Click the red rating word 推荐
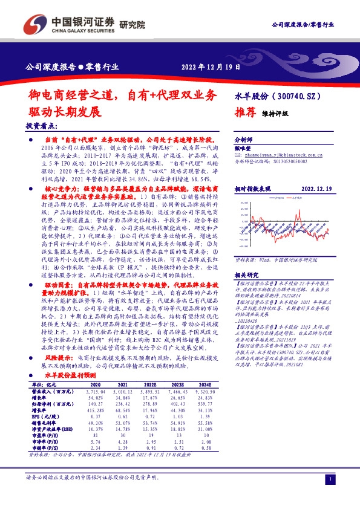pyautogui.click(x=244, y=112)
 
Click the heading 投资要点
pyautogui.click(x=42, y=126)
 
